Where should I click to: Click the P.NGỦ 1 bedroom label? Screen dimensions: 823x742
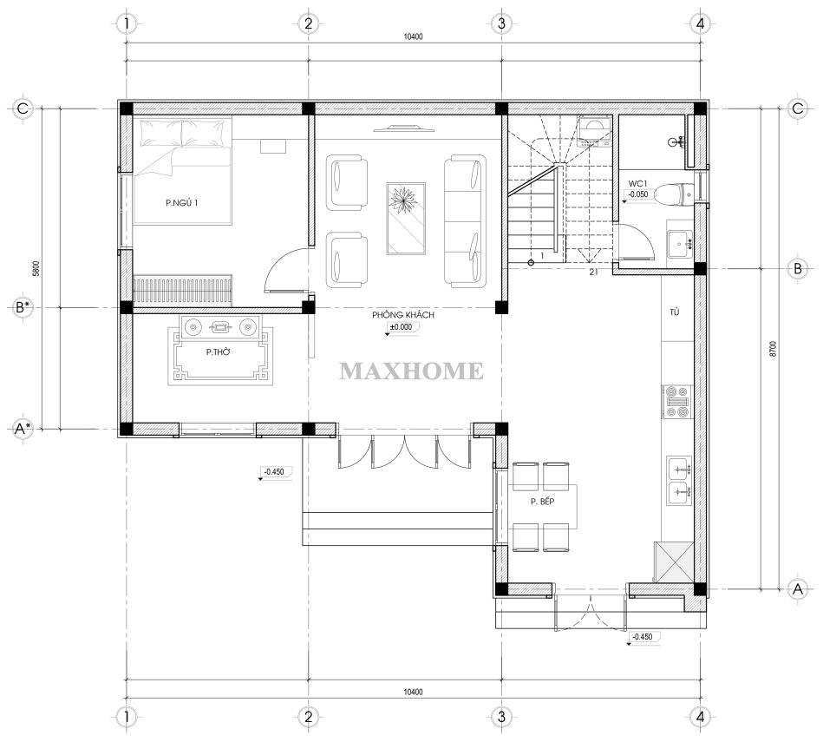181,203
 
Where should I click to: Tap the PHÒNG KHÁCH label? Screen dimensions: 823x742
403,315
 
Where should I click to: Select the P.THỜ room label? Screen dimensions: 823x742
218,351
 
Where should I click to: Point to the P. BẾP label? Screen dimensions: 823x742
542,502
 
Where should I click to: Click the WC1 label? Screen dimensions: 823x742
637,184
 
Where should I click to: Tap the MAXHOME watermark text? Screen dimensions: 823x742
411,371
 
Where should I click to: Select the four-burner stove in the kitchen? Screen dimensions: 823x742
676,402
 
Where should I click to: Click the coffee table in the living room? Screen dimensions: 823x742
406,219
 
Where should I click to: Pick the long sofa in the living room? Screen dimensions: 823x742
465,220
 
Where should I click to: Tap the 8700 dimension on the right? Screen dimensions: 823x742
772,349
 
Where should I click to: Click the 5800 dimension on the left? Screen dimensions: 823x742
36,269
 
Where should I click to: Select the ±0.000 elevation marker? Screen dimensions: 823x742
401,327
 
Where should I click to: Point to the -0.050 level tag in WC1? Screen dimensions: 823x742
638,194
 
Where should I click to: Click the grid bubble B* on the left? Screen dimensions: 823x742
22,307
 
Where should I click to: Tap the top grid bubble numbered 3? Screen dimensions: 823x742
502,23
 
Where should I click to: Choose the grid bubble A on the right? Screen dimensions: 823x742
798,588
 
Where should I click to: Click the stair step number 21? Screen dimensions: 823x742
594,272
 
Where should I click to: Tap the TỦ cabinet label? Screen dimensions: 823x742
675,312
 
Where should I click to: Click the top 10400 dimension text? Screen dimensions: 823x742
413,36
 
